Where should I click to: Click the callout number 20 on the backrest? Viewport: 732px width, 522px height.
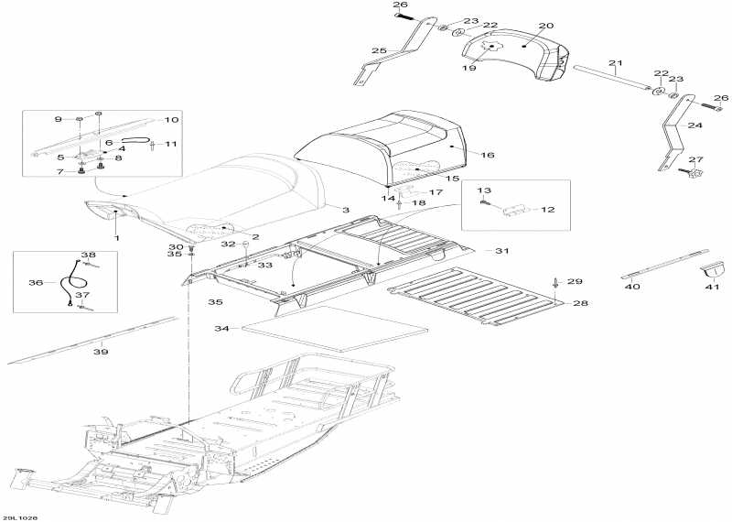(x=545, y=26)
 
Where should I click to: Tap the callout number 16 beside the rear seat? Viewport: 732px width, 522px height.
(x=487, y=156)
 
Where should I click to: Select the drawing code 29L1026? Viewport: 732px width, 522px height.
(x=19, y=517)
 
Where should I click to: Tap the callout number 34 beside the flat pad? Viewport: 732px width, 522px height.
(x=221, y=328)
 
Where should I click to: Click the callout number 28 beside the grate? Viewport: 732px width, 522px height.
(x=579, y=303)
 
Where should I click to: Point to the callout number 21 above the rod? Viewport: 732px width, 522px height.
(x=615, y=63)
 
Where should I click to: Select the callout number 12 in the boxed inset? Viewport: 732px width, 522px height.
(x=547, y=210)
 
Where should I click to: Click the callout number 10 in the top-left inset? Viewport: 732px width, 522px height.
(x=171, y=120)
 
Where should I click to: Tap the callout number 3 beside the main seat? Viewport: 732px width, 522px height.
(x=346, y=211)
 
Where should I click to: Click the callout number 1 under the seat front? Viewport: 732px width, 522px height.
(x=116, y=238)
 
